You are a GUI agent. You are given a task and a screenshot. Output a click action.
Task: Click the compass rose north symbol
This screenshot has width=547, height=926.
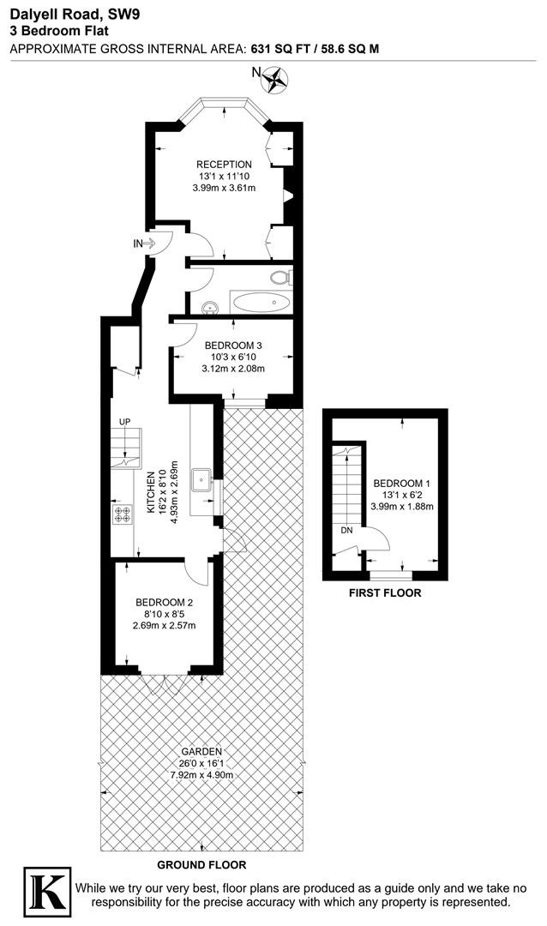274,80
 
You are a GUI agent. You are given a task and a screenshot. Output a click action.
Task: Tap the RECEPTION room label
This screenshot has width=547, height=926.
224,164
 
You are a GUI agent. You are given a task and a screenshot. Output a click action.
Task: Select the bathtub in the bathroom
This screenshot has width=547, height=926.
261,303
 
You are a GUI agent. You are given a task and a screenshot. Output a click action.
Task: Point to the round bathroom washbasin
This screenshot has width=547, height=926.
209,307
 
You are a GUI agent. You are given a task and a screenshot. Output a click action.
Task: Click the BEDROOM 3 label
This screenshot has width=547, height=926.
232,346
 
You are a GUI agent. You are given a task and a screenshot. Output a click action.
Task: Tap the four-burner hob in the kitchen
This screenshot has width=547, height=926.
123,514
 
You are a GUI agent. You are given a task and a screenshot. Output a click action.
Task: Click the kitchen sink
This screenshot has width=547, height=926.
202,479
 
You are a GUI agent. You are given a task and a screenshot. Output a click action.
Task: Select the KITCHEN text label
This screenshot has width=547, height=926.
151,491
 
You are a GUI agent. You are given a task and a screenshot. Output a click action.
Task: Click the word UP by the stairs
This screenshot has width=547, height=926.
124,422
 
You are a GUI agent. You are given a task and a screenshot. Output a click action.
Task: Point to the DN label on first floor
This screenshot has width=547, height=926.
346,531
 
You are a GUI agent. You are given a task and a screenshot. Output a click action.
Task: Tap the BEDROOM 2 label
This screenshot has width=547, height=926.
165,603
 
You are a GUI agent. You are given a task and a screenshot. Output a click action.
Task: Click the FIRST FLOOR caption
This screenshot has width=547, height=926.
385,593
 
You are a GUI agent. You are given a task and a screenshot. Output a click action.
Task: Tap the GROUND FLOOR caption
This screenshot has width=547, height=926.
201,865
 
